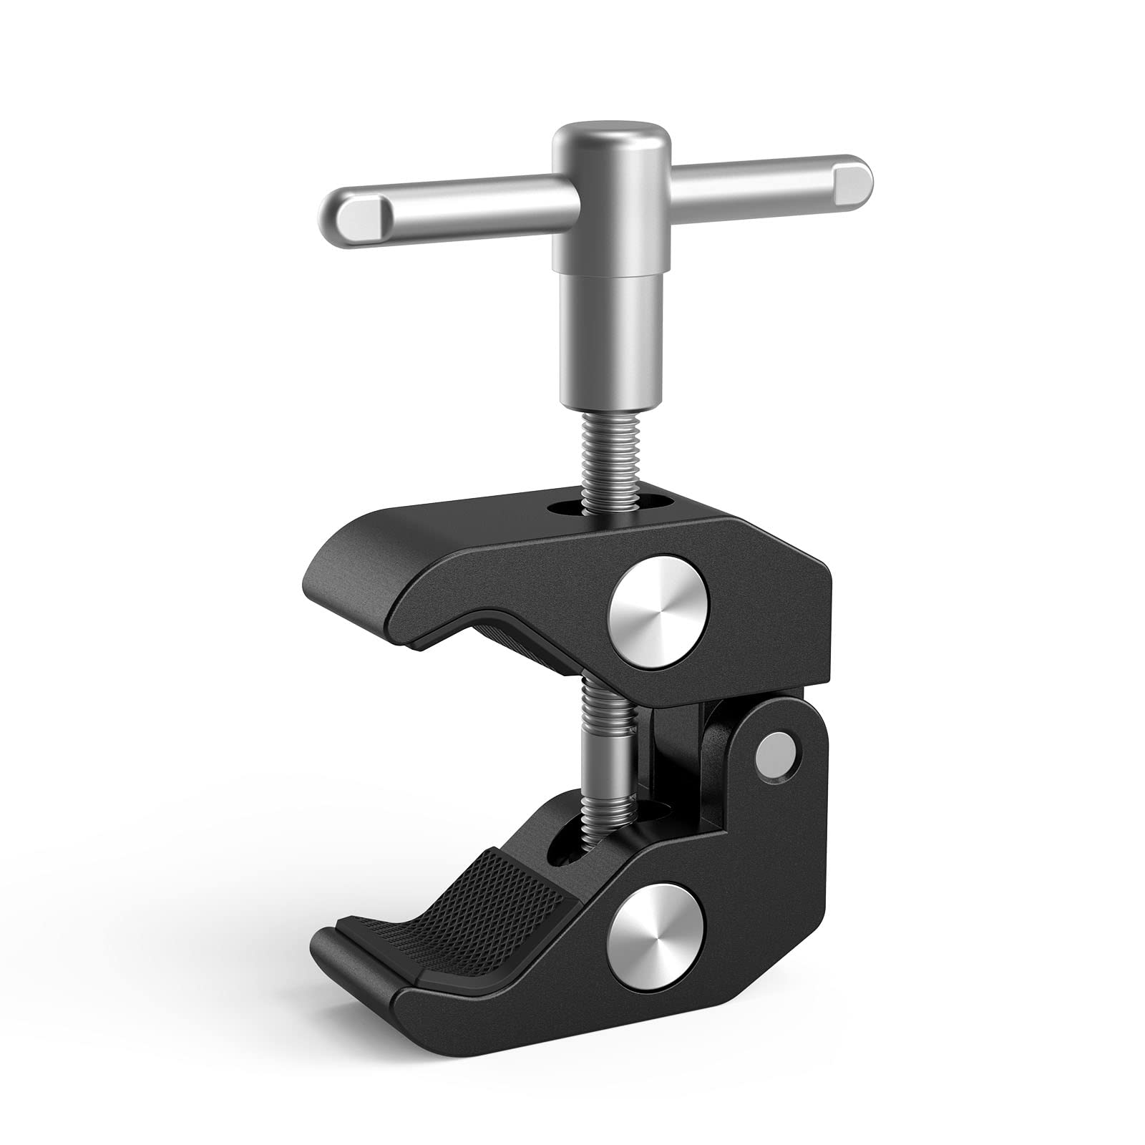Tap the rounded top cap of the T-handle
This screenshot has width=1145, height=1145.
pos(610,139)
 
